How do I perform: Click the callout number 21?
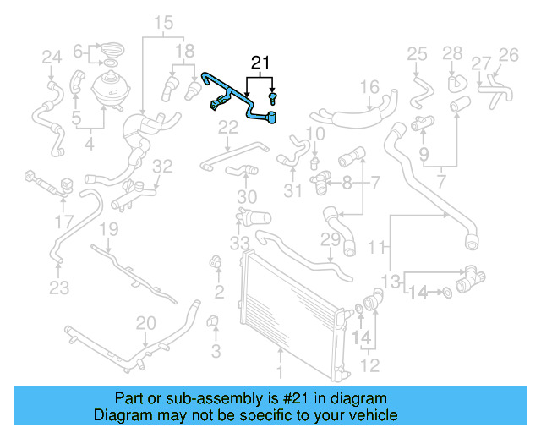[260, 63]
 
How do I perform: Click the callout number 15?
[163, 22]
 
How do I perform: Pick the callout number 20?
[146, 323]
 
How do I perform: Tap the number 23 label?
[58, 288]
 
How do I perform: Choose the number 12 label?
[370, 365]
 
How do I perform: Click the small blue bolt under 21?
[273, 99]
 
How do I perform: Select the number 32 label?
[162, 166]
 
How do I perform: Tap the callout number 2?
[218, 293]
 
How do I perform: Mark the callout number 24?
[52, 58]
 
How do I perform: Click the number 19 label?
[108, 229]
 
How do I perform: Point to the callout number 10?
[315, 134]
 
